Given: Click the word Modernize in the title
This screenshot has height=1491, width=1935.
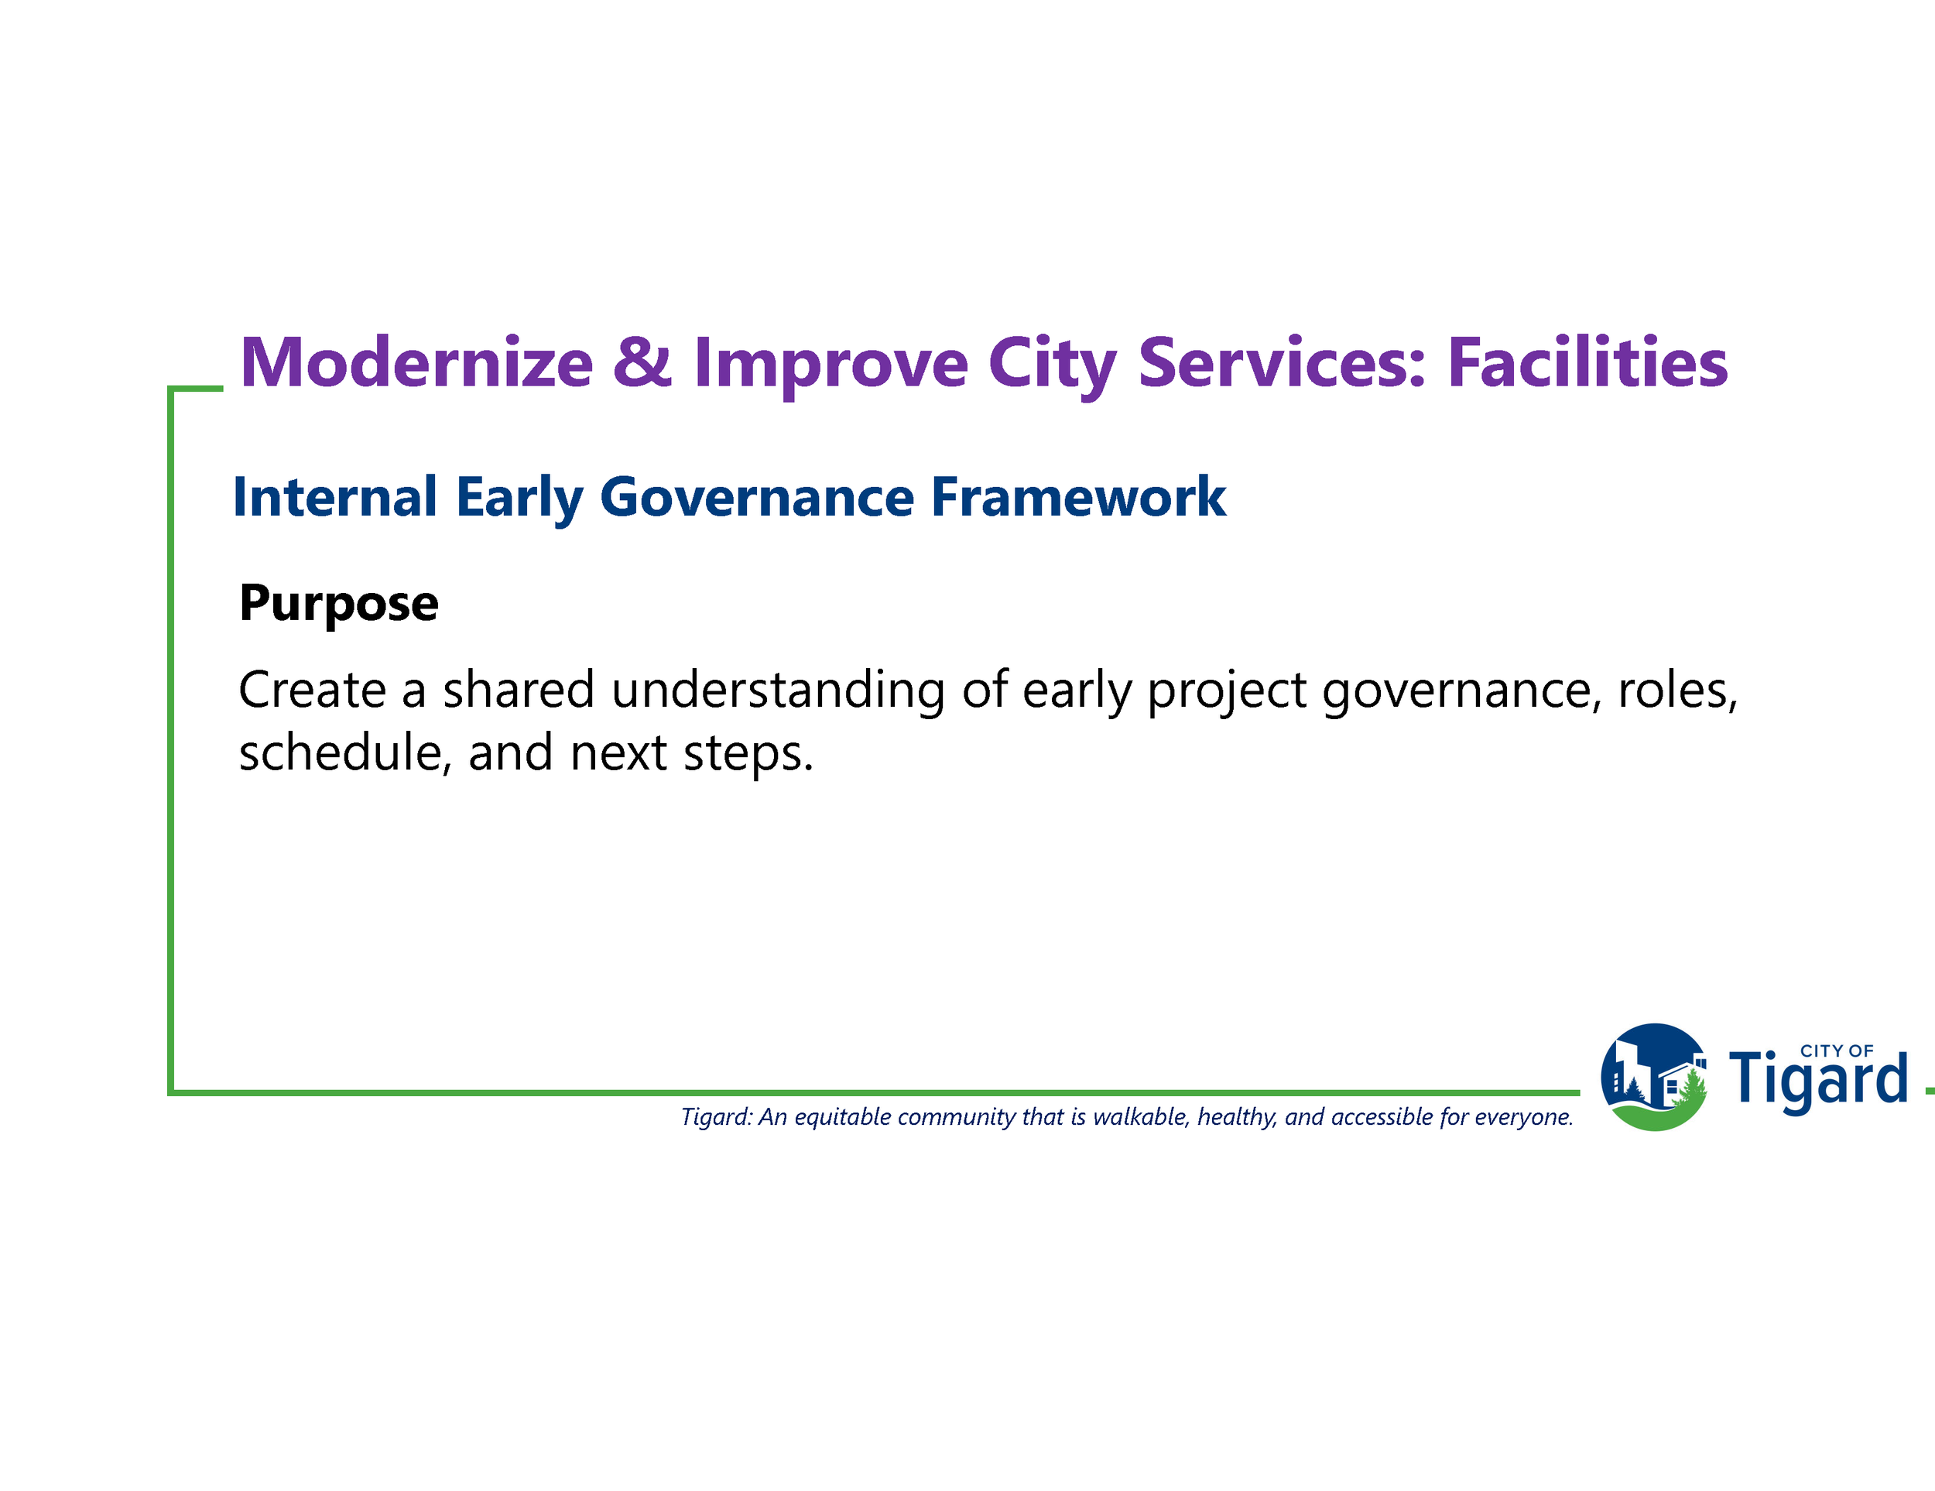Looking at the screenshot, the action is tap(416, 362).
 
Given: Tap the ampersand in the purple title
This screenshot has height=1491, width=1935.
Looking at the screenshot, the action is tap(642, 362).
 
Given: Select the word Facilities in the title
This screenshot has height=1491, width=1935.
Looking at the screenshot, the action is tap(1587, 362).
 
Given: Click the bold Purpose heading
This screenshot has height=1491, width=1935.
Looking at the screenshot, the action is tap(338, 604).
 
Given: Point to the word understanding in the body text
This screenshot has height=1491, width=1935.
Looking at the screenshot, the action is tap(778, 692).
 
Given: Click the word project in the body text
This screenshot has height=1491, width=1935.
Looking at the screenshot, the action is tap(1227, 692).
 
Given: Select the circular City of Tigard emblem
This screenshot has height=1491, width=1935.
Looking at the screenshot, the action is tap(1653, 1078).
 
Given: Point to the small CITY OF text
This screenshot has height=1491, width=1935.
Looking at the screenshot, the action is tap(1837, 1051).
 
